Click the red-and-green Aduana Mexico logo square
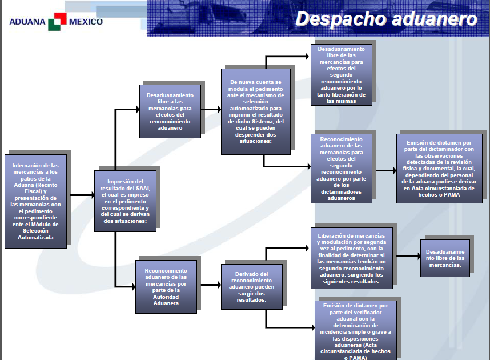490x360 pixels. [57, 22]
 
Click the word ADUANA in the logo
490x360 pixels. [27, 22]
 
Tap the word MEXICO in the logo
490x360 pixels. [86, 22]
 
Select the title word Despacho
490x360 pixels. [341, 19]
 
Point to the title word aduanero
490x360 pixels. [435, 19]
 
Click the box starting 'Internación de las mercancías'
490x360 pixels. [35, 201]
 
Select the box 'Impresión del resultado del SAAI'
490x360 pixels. [125, 201]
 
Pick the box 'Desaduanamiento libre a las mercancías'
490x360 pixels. [170, 111]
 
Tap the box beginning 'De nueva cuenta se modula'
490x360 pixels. [256, 111]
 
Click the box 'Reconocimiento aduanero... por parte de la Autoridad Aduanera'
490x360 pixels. [166, 287]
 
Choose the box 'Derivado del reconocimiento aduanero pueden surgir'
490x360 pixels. [251, 287]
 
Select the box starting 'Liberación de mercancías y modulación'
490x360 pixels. [352, 258]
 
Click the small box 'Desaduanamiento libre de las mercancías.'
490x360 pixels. [445, 258]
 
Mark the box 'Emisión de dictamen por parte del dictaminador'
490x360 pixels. [439, 169]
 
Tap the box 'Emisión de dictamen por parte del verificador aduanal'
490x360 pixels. [356, 330]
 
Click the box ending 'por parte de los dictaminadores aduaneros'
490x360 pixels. [342, 169]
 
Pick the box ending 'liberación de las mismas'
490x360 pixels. [342, 75]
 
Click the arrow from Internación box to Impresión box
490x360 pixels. [82, 195]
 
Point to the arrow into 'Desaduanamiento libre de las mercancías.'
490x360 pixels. [408, 257]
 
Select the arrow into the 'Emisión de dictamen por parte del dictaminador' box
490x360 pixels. [386, 170]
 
